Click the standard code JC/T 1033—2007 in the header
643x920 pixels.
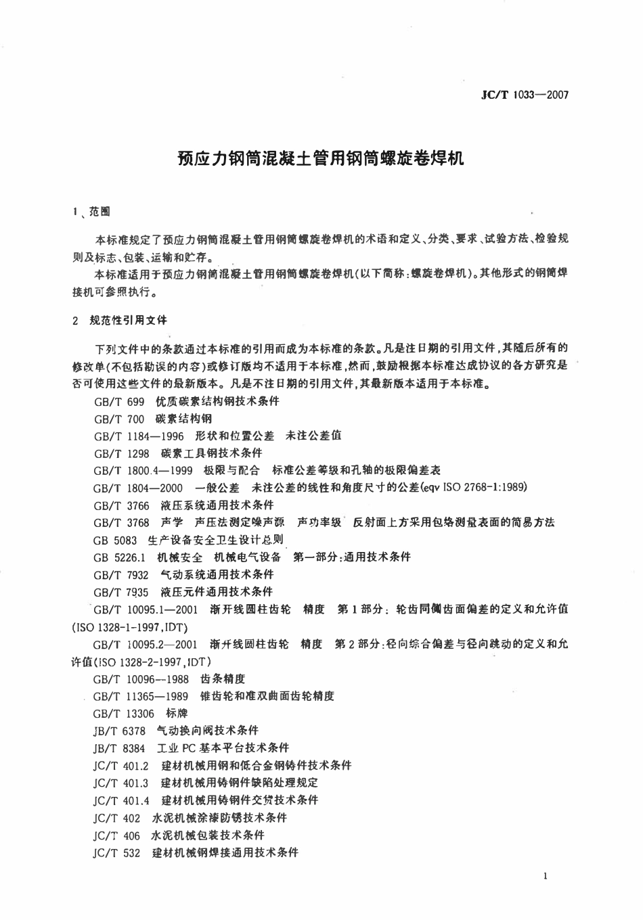525,95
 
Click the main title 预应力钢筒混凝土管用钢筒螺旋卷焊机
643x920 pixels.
321,160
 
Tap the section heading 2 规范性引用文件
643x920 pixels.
119,319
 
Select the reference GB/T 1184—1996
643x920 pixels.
139,436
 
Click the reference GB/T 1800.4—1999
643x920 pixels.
143,470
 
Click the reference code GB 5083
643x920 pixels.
115,540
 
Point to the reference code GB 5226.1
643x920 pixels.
120,557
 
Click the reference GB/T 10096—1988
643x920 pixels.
141,678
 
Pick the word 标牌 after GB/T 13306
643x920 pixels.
177,713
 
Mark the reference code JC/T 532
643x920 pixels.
116,852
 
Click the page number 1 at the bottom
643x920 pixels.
545,877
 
